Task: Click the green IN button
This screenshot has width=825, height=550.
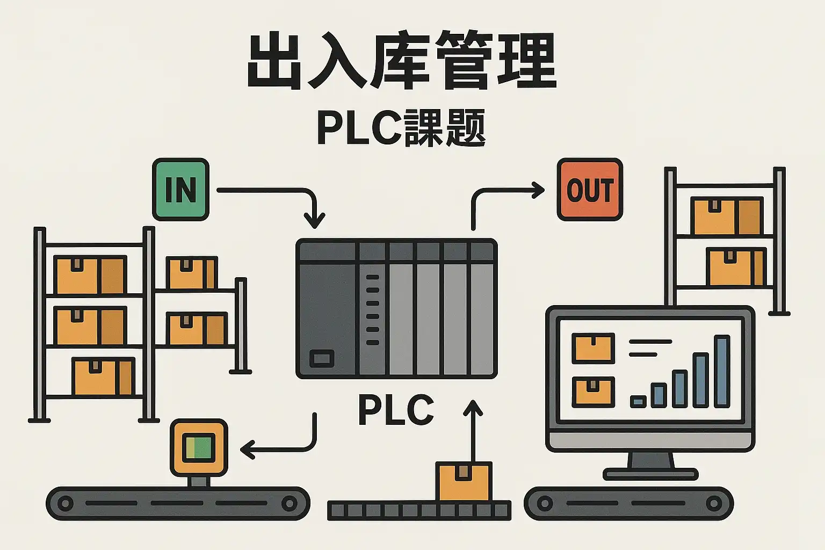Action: tap(180, 190)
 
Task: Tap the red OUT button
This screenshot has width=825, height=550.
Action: tap(590, 190)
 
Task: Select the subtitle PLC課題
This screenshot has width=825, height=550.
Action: tap(402, 128)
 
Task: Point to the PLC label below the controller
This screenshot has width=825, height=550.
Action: tap(396, 410)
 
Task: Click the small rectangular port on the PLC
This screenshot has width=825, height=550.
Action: tap(322, 358)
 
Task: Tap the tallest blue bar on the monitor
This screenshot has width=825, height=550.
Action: tap(722, 371)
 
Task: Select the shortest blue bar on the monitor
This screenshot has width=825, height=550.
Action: tap(638, 401)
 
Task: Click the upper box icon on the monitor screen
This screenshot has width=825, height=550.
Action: tap(593, 348)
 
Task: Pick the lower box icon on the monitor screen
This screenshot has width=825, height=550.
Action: tap(593, 391)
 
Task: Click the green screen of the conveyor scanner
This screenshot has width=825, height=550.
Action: tap(199, 447)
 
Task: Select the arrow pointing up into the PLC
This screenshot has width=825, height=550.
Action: tap(473, 430)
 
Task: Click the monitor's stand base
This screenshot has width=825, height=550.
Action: tap(650, 474)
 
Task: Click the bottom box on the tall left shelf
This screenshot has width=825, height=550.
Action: tap(103, 376)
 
